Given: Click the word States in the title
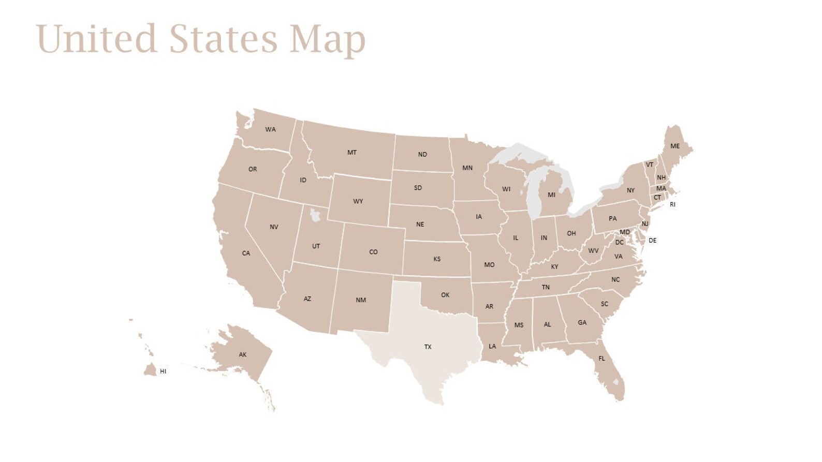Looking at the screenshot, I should [223, 39].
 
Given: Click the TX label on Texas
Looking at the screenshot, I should [428, 347].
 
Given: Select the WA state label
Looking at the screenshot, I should [270, 129].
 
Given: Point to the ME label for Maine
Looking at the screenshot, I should [675, 146].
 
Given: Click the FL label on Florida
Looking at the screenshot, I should [601, 359].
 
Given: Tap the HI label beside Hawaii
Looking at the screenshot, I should [163, 371].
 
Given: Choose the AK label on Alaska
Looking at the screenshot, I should [243, 355].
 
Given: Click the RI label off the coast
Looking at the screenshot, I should [672, 205].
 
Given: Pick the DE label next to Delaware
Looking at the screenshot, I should [652, 241].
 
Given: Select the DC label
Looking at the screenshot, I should [619, 243].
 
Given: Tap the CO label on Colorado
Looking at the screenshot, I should [373, 252].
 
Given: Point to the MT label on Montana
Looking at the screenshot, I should [352, 153].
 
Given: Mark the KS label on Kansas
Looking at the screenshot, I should [437, 259].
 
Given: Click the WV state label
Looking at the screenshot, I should [593, 251].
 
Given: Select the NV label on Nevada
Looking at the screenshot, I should [274, 227].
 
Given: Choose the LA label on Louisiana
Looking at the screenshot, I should [492, 347].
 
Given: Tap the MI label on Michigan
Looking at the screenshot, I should [551, 195].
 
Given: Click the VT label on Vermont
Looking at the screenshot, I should [649, 165].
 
